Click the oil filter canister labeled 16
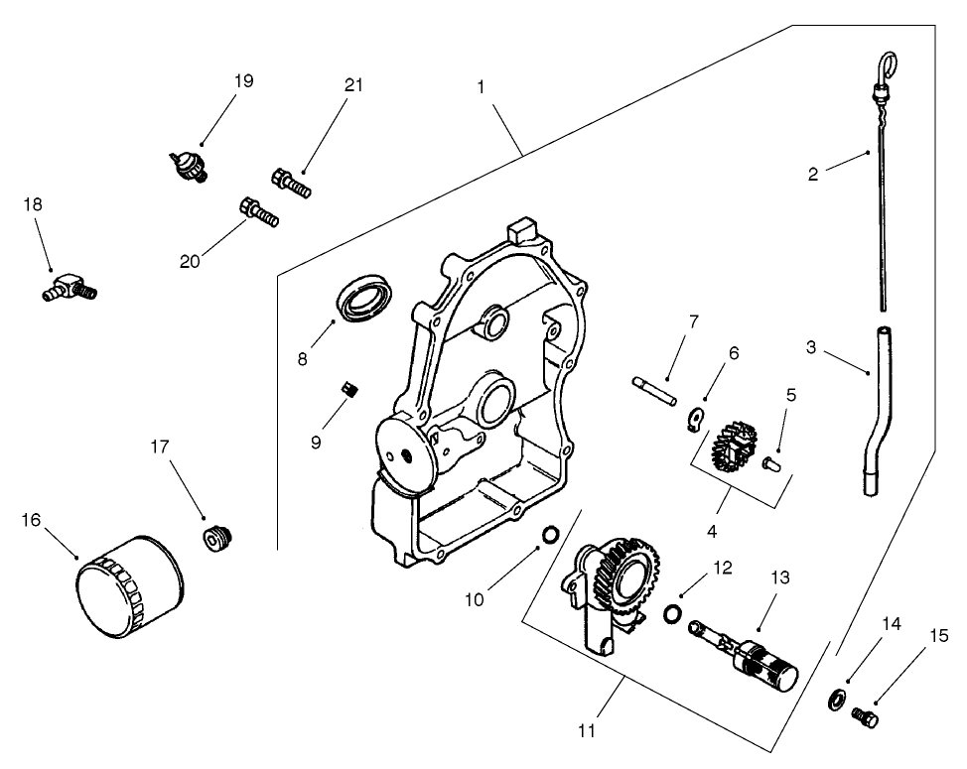[129, 589]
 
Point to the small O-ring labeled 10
[549, 537]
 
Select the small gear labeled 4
[734, 445]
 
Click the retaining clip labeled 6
[697, 422]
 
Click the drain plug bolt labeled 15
[867, 715]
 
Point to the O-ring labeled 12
[672, 614]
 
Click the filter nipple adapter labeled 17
[216, 538]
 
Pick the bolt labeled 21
[291, 183]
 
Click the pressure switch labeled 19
[187, 165]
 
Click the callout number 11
[587, 731]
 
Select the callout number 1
[481, 86]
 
